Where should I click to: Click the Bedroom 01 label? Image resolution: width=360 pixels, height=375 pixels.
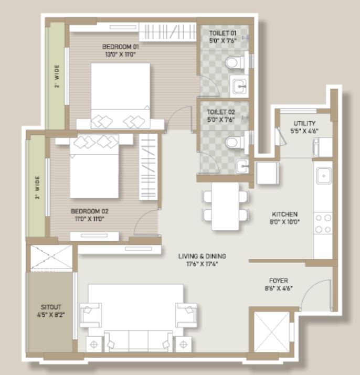click(120, 47)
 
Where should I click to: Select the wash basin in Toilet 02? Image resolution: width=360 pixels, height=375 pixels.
click(242, 166)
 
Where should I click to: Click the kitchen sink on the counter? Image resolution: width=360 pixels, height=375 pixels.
click(324, 176)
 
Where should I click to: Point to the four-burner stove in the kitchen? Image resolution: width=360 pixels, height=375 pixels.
click(323, 223)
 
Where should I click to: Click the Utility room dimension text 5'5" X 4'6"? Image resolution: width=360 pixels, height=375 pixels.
click(304, 131)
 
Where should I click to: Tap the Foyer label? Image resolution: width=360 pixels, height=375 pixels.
click(279, 281)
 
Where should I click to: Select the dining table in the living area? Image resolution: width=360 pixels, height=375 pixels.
click(225, 206)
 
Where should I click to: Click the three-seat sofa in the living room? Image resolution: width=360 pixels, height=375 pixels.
click(139, 341)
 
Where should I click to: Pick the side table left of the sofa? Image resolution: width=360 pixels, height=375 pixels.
click(94, 345)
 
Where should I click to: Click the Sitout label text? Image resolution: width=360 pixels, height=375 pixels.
click(51, 307)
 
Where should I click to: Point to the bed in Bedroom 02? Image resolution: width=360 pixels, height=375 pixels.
click(94, 166)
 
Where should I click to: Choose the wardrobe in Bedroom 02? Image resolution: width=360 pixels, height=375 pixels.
click(149, 167)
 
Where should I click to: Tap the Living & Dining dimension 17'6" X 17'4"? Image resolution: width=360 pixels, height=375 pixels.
click(202, 264)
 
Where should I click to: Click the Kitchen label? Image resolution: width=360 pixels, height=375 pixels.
click(284, 214)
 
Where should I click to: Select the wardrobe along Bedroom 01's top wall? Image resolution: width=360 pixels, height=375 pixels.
click(167, 32)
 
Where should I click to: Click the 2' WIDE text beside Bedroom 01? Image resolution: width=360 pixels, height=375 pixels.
click(57, 76)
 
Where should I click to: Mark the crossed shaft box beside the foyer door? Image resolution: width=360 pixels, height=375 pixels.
click(272, 332)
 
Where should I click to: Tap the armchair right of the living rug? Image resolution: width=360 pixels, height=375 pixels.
click(186, 315)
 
